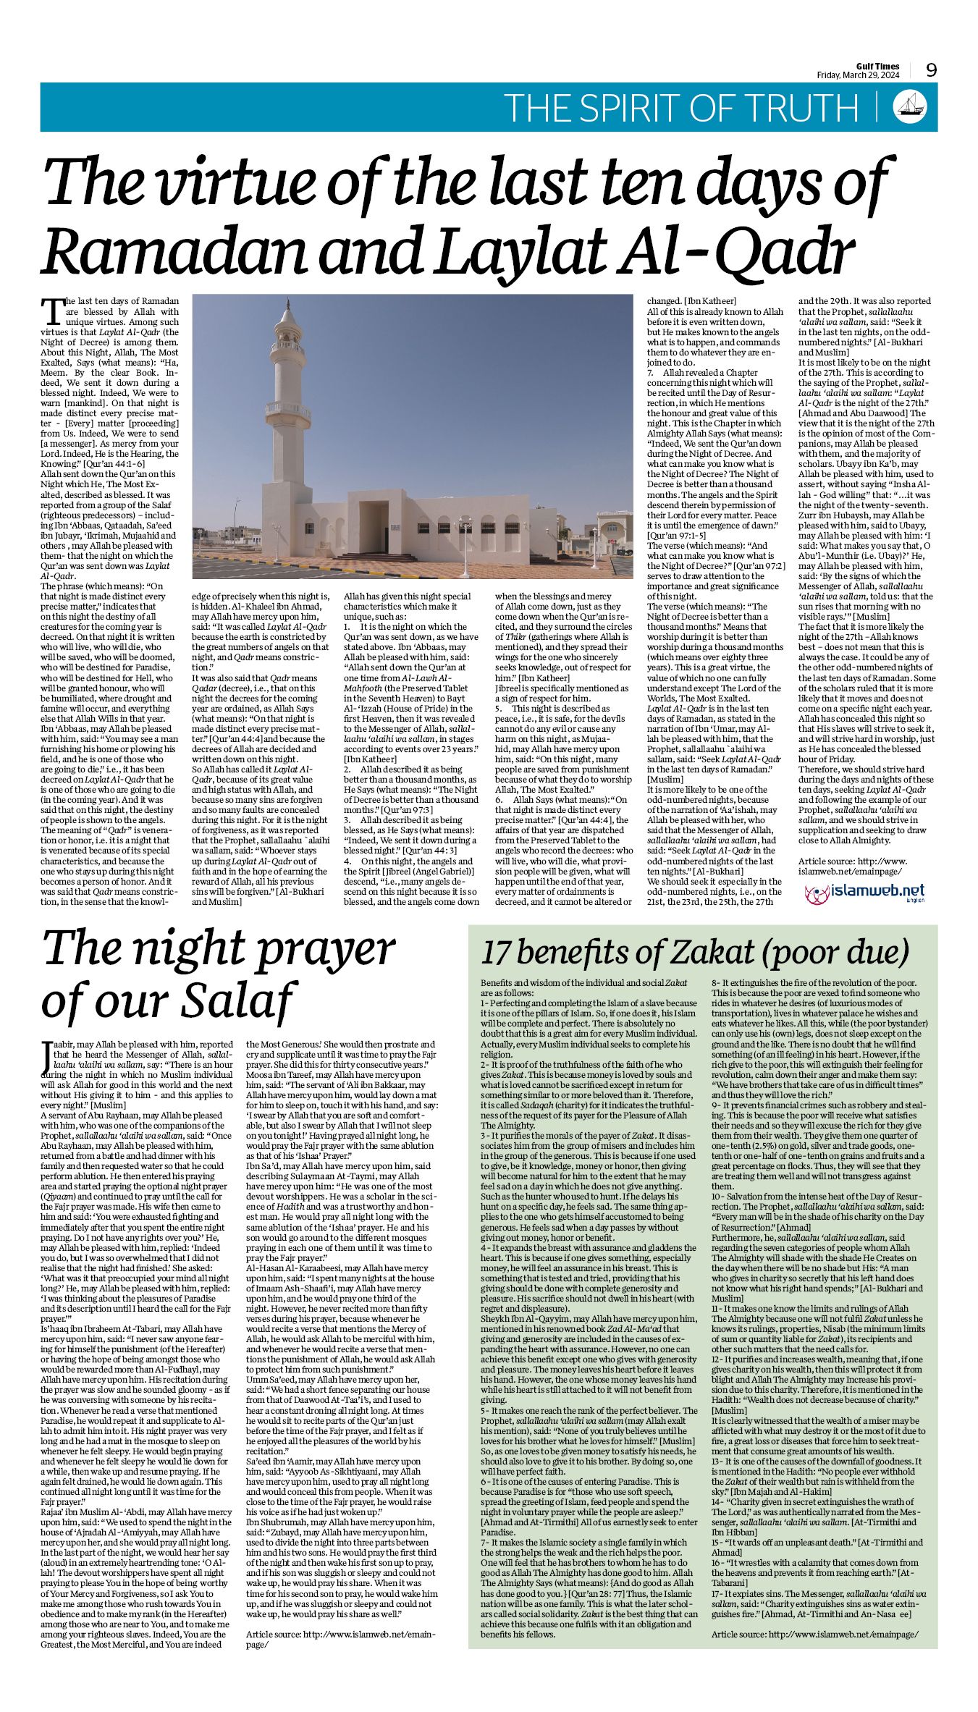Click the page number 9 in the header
coord(932,70)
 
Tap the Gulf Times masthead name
coord(877,67)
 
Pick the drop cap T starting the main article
coord(53,311)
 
